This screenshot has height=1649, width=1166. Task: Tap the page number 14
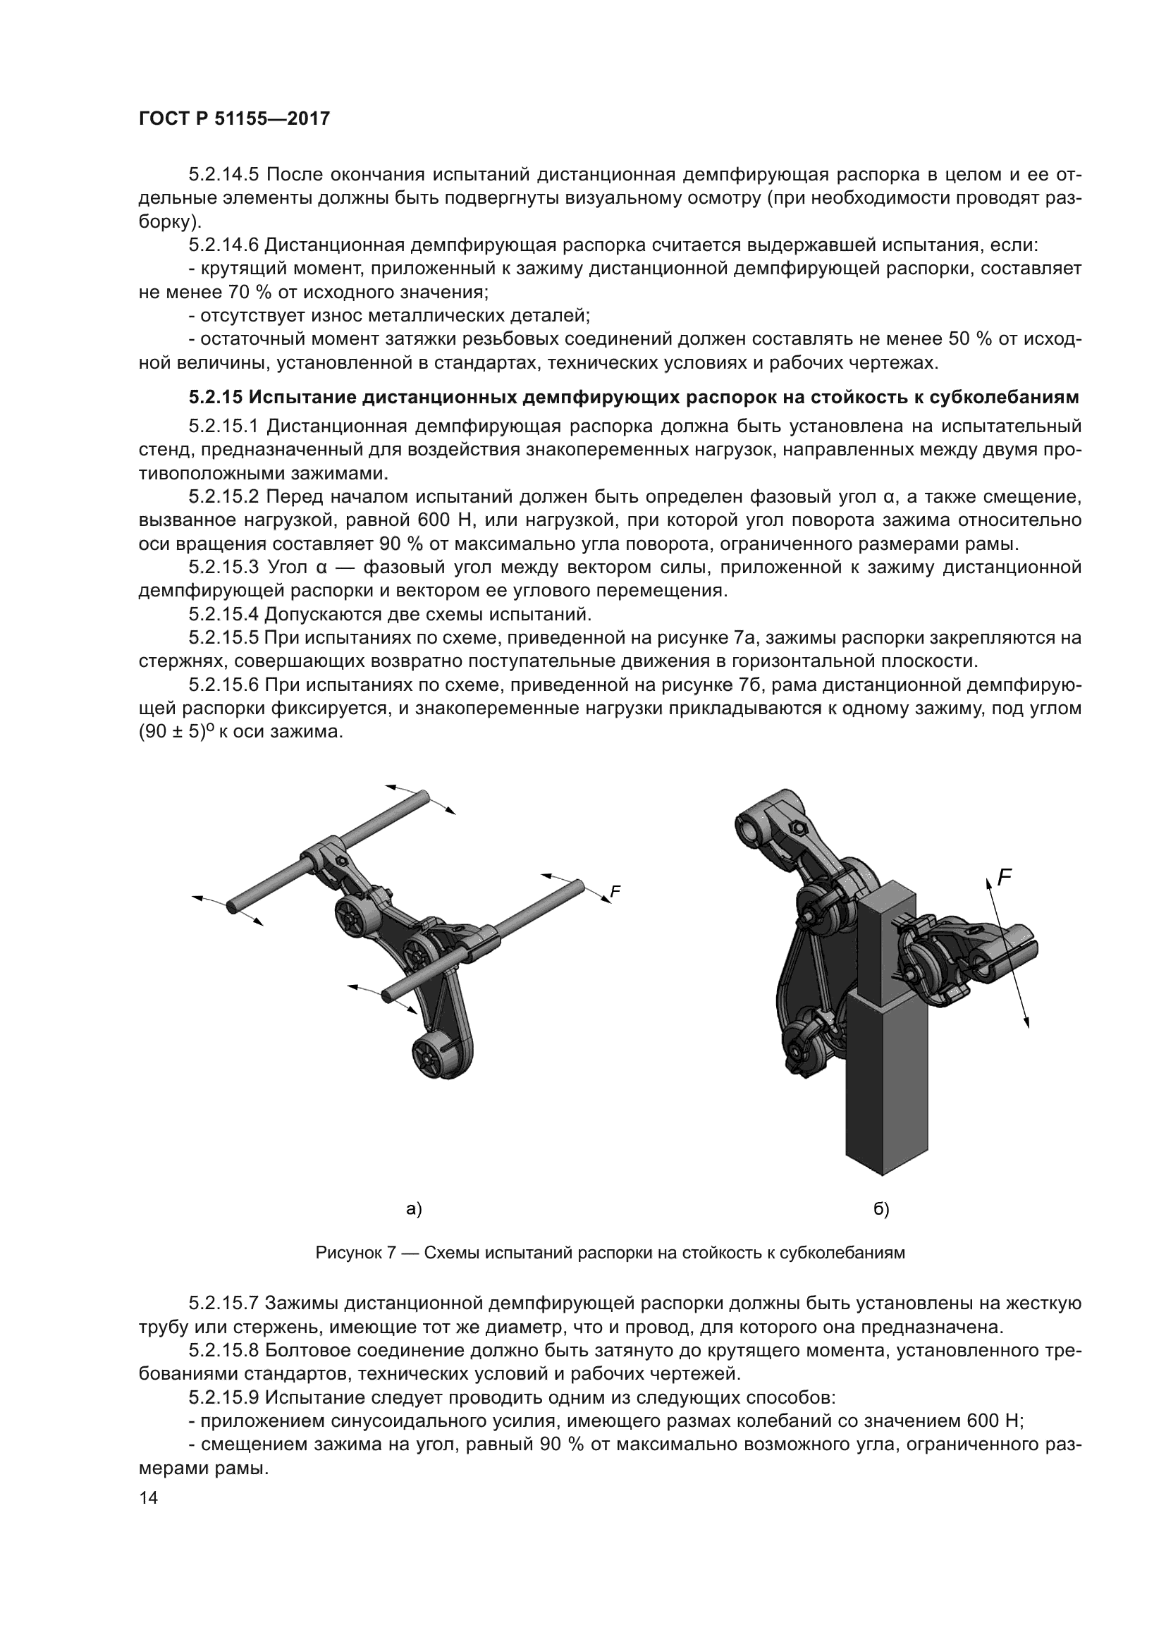pos(149,1497)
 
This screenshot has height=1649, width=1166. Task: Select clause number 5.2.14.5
pos(225,175)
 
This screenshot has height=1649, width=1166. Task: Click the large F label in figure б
pos(1005,877)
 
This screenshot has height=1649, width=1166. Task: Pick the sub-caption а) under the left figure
pos(414,1210)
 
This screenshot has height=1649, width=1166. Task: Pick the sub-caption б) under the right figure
pos(881,1210)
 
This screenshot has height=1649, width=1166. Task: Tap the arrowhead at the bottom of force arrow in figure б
pos(1026,1022)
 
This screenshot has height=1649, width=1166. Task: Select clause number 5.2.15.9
pos(224,1398)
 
